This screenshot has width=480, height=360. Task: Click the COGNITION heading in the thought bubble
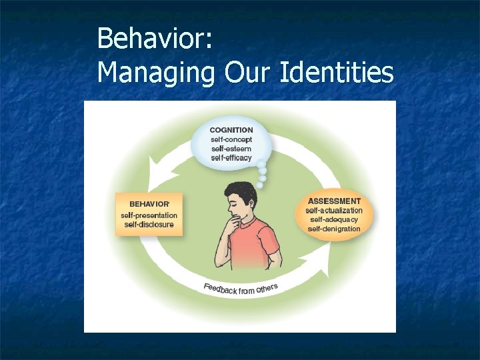231,130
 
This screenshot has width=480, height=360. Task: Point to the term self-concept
231,139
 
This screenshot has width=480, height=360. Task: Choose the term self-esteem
231,149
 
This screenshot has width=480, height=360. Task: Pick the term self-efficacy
231,158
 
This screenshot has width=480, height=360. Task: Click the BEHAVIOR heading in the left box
149,203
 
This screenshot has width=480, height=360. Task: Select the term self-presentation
149,215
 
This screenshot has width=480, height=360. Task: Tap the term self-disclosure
149,224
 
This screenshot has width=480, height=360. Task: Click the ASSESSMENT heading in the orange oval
334,201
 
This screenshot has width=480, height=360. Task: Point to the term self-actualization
334,210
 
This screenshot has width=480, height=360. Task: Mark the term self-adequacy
334,219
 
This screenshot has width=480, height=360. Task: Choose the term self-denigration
334,229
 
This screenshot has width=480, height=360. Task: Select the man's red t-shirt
248,247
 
